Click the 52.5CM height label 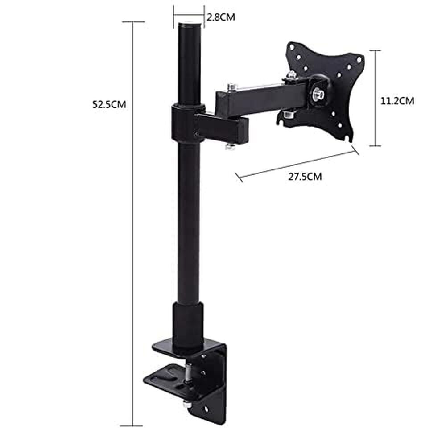pos(109,105)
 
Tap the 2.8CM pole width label pos(220,17)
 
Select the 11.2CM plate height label pos(397,101)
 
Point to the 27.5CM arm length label pos(305,176)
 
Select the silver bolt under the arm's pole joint pos(231,146)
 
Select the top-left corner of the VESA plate pos(291,46)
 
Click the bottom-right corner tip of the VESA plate pos(351,139)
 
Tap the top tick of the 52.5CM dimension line pos(133,21)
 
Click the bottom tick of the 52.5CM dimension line pos(133,426)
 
